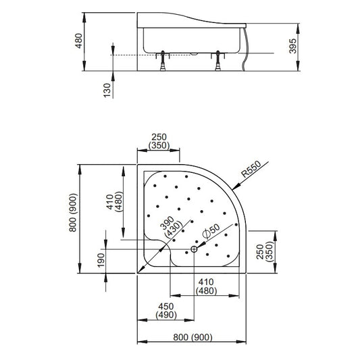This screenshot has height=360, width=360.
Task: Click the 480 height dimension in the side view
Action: coord(79,41)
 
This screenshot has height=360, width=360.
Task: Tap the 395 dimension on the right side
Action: coord(292,46)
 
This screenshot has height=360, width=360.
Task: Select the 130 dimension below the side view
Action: coord(107,91)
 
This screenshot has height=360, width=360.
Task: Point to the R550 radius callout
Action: coord(251,169)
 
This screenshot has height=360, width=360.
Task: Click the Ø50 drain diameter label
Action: coord(211,231)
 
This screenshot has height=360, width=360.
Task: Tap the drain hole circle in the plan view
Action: coord(194,249)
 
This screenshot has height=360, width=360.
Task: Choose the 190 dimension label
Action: coord(101,260)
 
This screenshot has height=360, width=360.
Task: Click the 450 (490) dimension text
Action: coord(166,311)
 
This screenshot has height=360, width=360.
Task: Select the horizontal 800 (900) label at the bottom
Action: coord(192,337)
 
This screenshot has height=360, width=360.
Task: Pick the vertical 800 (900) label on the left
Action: coord(73,213)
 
